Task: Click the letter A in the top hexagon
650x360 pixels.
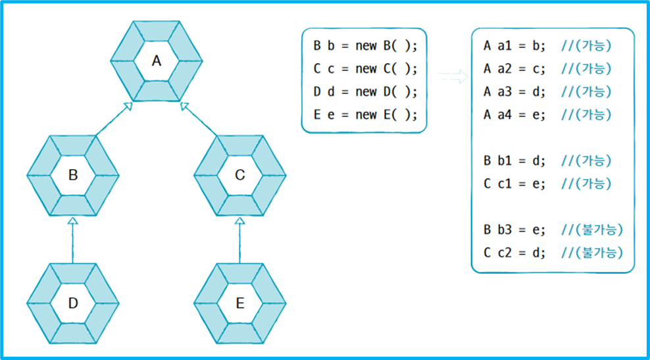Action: coord(156,61)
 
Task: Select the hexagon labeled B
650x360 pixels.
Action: coord(73,175)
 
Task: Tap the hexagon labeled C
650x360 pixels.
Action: coord(239,175)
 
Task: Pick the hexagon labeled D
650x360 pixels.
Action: coord(73,303)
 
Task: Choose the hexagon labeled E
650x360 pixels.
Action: coord(239,303)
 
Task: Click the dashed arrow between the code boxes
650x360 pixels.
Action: coord(453,77)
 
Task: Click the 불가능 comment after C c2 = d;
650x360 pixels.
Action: coord(592,252)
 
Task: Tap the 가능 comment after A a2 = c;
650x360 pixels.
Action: coord(587,68)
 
